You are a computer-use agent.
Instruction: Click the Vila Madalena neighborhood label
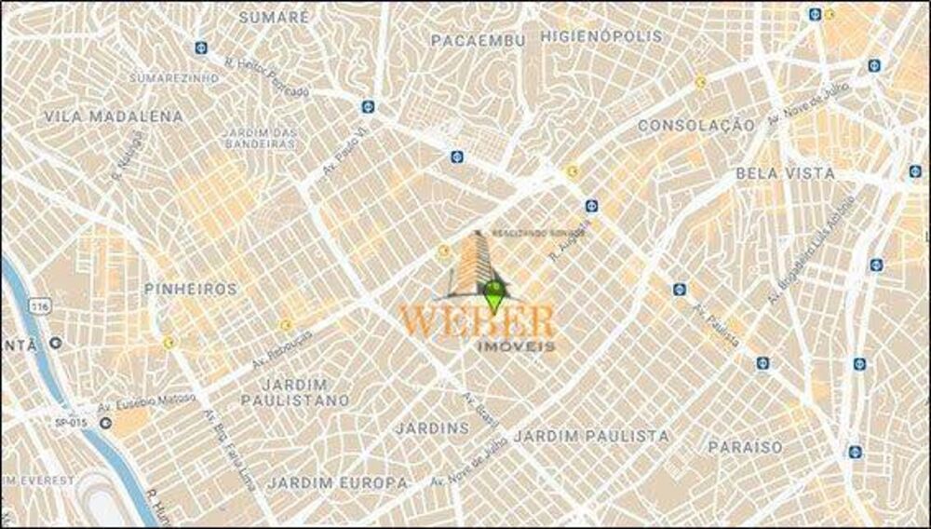(x=114, y=116)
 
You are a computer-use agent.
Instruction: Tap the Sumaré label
(x=273, y=17)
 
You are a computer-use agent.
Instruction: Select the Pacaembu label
(x=478, y=41)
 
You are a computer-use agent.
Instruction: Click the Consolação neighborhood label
(x=695, y=124)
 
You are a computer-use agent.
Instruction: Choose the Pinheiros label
(x=190, y=290)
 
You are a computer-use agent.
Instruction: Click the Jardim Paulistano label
(x=295, y=392)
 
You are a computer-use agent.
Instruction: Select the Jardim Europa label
(x=338, y=482)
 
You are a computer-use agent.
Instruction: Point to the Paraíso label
(x=745, y=447)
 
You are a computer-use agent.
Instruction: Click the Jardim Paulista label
(x=591, y=435)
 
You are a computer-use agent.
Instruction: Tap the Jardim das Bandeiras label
(x=260, y=137)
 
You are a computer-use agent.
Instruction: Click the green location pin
(x=494, y=294)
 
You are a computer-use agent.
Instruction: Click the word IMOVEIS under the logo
(x=515, y=346)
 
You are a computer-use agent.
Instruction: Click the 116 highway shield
(x=38, y=305)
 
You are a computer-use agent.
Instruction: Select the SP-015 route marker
(x=71, y=421)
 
